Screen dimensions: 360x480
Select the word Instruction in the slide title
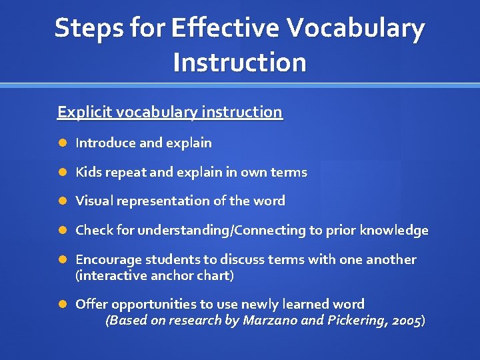point(239,62)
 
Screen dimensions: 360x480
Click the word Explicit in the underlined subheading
point(85,112)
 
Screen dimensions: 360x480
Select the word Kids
point(88,172)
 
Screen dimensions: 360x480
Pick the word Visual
point(95,201)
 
